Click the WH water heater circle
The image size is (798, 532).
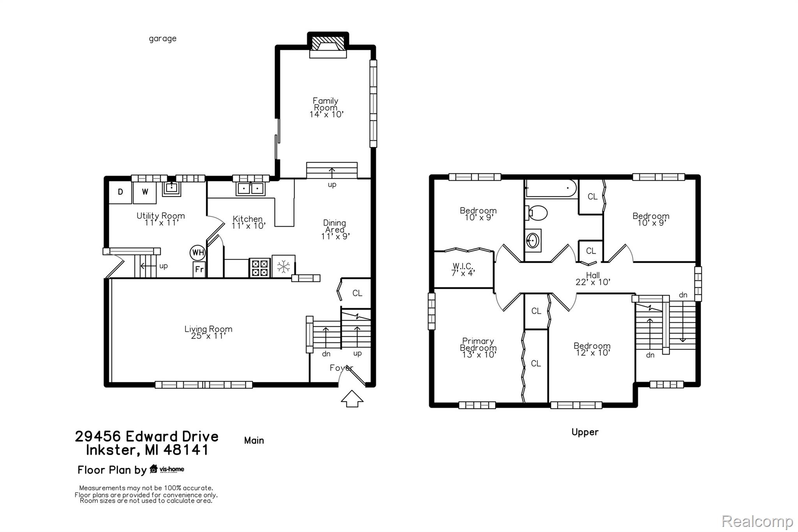pos(198,253)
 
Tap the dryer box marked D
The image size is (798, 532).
pos(120,192)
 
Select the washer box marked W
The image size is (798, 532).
pos(145,192)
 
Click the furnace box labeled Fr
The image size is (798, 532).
pos(199,269)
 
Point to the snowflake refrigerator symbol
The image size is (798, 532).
pos(284,267)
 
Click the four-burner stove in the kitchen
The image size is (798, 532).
pos(260,268)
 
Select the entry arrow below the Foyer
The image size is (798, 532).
pos(352,398)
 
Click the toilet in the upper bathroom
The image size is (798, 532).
pos(536,213)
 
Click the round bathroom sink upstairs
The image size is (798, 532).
pos(533,240)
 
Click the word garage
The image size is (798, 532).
pos(162,39)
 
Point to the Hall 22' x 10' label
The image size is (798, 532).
pos(593,279)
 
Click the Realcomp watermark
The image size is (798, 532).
pos(757,521)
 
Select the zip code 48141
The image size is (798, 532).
pos(186,450)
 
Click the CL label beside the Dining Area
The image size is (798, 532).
pos(357,293)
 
